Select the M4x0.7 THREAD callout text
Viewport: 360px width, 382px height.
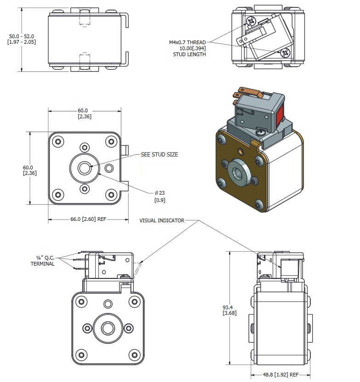point(187,42)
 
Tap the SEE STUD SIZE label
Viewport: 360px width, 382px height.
point(159,155)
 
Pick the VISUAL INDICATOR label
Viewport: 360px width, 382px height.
point(162,220)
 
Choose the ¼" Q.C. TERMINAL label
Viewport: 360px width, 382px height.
point(42,260)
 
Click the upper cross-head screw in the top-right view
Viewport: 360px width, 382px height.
point(251,21)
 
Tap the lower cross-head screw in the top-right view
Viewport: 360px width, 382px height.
point(286,52)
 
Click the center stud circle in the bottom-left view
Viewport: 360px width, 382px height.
point(108,328)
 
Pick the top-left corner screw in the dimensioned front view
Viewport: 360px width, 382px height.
point(58,141)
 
